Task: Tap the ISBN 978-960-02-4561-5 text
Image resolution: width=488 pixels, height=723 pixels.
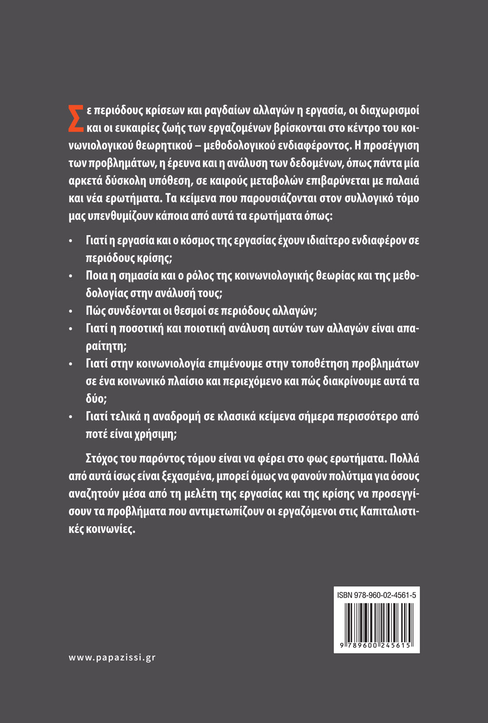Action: coord(377,595)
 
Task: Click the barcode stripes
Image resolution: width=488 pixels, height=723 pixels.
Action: coord(377,622)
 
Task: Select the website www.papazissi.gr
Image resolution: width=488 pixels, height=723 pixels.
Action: coord(112,657)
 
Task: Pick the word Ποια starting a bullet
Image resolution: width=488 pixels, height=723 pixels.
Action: coord(96,275)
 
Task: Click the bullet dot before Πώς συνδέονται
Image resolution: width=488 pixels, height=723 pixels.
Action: coord(70,311)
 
